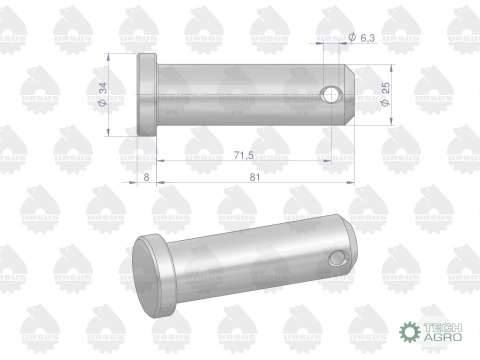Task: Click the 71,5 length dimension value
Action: [x=244, y=155]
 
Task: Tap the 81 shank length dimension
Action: [x=255, y=177]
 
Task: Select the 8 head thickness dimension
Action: [x=146, y=177]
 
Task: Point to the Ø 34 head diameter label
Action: [x=103, y=94]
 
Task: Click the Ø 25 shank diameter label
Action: [x=385, y=94]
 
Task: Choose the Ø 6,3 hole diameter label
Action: [x=362, y=38]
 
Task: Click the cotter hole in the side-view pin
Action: [x=330, y=95]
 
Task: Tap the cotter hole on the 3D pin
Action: [x=339, y=259]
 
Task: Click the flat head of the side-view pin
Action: [x=146, y=95]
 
